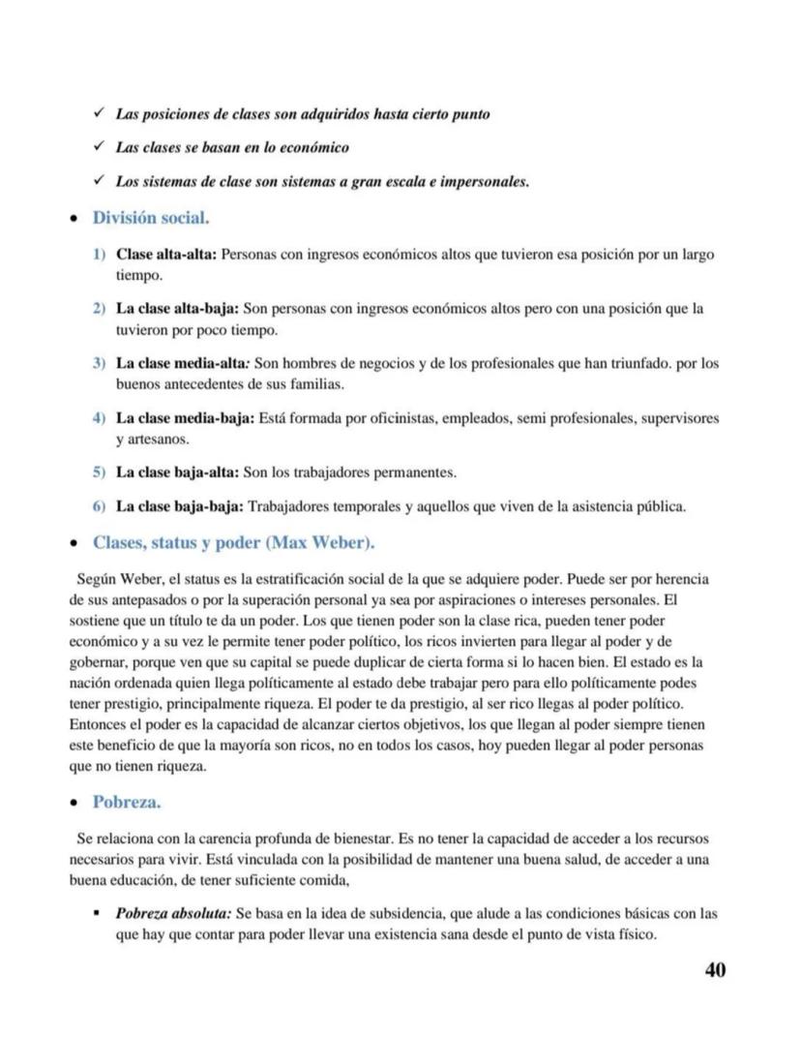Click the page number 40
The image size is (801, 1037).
point(714,970)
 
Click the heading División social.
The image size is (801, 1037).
point(151,218)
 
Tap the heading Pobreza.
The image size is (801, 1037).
point(127,802)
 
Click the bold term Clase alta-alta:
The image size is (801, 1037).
point(167,256)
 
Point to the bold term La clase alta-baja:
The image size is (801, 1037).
point(177,310)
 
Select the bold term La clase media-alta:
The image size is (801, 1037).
point(183,364)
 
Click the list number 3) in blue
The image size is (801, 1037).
point(99,364)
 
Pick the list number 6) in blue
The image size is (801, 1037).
point(99,506)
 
